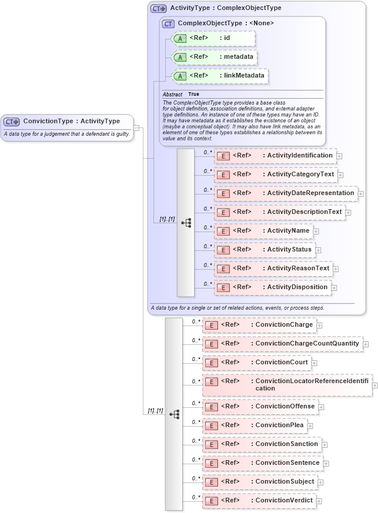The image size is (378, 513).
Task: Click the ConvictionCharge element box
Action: pos(259,325)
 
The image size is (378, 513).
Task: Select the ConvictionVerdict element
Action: pos(259,501)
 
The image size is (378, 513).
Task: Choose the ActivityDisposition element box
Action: pos(272,287)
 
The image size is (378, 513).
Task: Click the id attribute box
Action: pos(213,38)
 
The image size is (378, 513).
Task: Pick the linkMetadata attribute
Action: pos(219,76)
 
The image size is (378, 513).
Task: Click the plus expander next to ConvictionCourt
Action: pos(315,363)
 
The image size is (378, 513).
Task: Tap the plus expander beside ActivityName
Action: pos(316,232)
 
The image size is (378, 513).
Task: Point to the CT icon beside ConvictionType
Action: pos(12,122)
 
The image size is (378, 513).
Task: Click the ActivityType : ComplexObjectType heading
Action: pos(225,8)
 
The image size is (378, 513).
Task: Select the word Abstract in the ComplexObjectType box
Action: pos(172,94)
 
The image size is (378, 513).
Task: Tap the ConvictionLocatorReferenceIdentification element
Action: pos(287,385)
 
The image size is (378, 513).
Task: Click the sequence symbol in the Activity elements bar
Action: pos(186,223)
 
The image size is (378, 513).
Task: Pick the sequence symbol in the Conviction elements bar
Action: pos(174,414)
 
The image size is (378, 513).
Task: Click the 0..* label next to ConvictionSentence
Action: pos(196,460)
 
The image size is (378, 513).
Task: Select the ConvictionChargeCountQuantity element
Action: pos(282,344)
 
